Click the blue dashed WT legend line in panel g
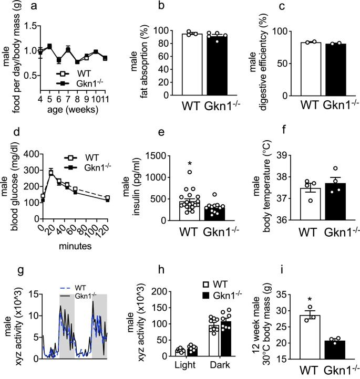point(67,287)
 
